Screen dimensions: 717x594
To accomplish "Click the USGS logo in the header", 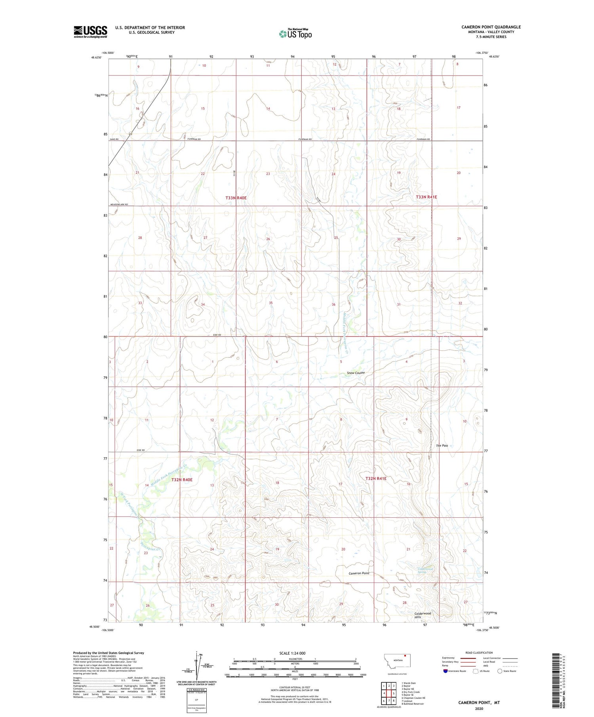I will pos(90,31).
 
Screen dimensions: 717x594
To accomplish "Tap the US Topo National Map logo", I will pos(295,34).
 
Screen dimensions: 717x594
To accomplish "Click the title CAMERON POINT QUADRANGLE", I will pos(491,27).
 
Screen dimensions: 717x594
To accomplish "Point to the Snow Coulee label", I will pos(356,373).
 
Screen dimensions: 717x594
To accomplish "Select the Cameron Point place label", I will pos(359,573).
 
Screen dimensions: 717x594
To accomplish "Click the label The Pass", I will pos(442,446).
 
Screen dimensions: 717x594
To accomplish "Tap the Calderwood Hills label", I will pos(423,615).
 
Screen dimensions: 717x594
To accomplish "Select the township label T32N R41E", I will pos(376,479).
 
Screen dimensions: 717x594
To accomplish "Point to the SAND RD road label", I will pos(114,140).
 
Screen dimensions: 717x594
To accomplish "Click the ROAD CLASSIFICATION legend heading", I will pos(479,653).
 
